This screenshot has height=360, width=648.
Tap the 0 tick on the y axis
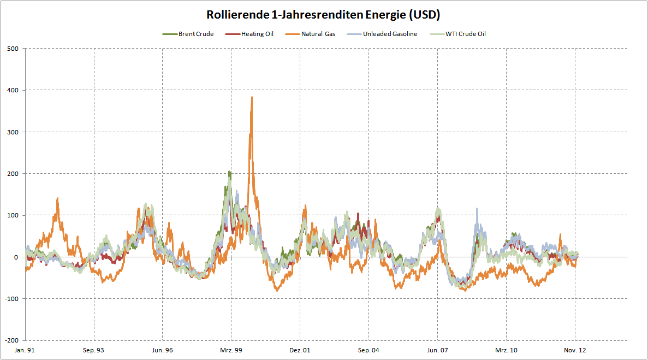click(x=16, y=257)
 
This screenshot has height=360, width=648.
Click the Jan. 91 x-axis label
click(x=25, y=350)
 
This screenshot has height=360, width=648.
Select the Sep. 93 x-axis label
click(x=94, y=350)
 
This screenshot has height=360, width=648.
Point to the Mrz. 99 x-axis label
click(x=231, y=350)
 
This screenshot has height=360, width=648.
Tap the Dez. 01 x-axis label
click(x=300, y=350)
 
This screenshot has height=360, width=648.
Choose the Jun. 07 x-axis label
click(x=437, y=350)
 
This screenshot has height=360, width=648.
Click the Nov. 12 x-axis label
click(x=575, y=350)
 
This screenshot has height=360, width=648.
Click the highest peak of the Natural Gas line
click(x=252, y=97)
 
